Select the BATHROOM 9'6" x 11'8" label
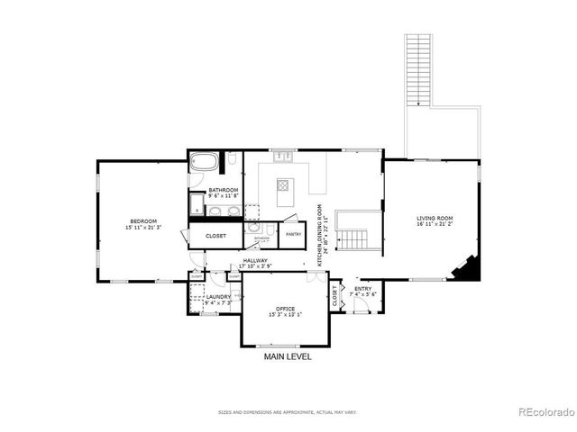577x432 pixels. pos(224,193)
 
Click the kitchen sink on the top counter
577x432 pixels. pos(283,156)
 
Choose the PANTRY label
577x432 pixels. pos(294,234)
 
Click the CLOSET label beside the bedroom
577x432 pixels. pos(215,236)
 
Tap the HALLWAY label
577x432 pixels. pos(256,264)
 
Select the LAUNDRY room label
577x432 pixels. pos(218,299)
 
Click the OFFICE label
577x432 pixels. pos(285,310)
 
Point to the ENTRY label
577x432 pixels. pos(362,290)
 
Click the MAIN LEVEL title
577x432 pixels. pos(288,357)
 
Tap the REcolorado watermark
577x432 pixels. pos(544,413)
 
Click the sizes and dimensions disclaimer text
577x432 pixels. pos(287,412)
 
